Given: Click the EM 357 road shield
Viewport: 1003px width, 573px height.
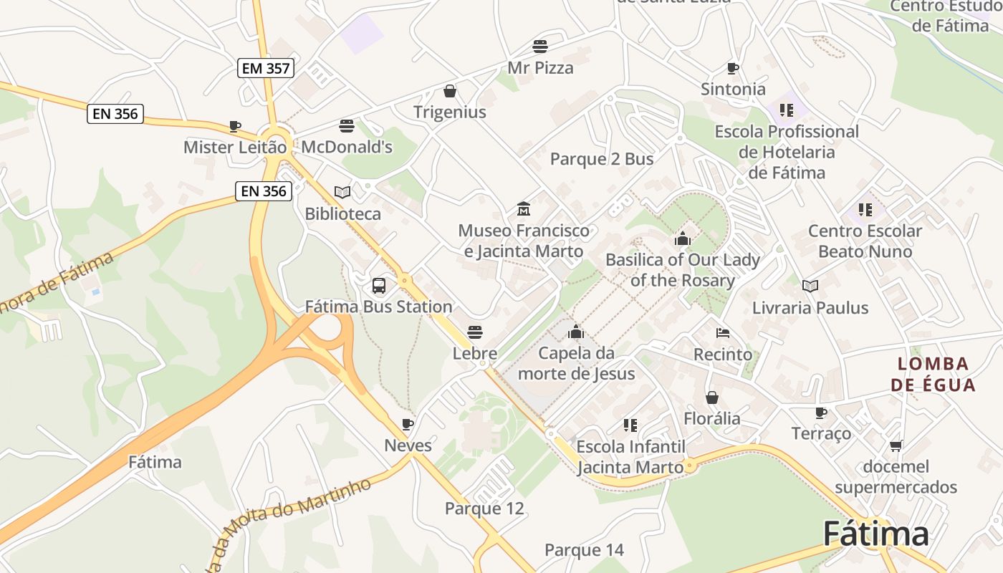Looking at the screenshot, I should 266,68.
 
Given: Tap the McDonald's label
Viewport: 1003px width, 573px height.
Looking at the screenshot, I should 347,147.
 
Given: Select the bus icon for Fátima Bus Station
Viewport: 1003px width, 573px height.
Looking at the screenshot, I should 379,286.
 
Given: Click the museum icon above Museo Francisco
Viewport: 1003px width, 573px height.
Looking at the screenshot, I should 524,209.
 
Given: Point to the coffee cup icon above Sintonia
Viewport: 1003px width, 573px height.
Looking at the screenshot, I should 732,68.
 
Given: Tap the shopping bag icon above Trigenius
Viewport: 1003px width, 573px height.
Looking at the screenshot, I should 450,91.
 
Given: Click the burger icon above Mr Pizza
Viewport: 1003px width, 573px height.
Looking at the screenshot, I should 540,47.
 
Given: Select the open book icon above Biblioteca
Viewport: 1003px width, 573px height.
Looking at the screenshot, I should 342,192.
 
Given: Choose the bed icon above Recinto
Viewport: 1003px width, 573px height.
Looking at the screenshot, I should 723,333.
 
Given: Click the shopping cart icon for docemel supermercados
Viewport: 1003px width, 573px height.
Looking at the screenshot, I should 896,446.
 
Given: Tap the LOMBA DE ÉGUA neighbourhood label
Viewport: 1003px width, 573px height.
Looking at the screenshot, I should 933,374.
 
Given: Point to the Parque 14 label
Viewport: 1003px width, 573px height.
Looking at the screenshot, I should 584,550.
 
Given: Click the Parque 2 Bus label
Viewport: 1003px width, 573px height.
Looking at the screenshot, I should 602,159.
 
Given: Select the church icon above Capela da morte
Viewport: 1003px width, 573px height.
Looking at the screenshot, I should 575,332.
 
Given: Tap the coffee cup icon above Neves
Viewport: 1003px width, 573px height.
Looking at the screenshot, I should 408,424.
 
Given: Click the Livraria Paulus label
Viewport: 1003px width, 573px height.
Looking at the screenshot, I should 810,308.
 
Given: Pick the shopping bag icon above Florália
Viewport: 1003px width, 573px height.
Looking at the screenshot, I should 712,398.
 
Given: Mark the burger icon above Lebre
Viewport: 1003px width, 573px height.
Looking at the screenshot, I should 474,332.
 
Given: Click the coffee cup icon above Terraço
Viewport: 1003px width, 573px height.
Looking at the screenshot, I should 821,413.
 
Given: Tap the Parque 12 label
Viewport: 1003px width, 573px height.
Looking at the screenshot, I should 484,509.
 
